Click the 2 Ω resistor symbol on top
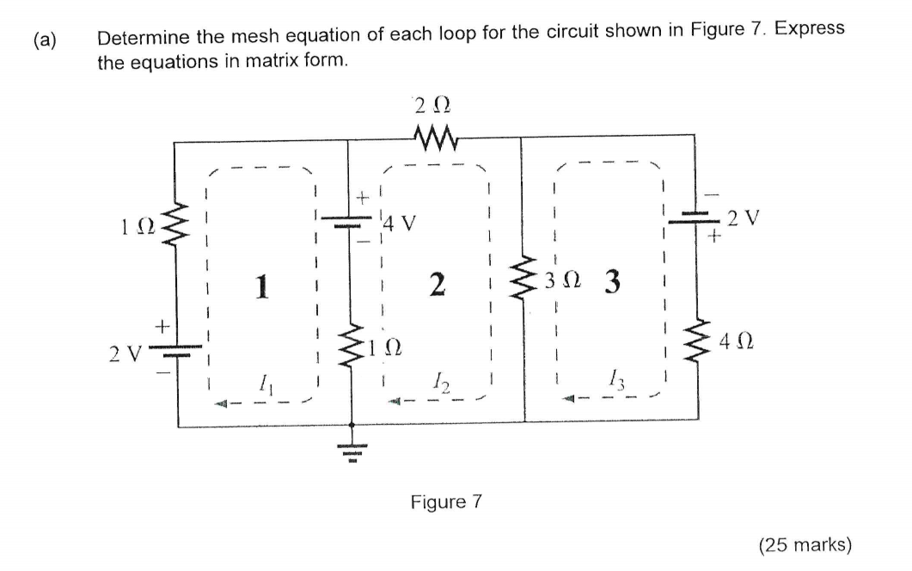(435, 135)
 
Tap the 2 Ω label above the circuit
(431, 107)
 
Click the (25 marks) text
(805, 544)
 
